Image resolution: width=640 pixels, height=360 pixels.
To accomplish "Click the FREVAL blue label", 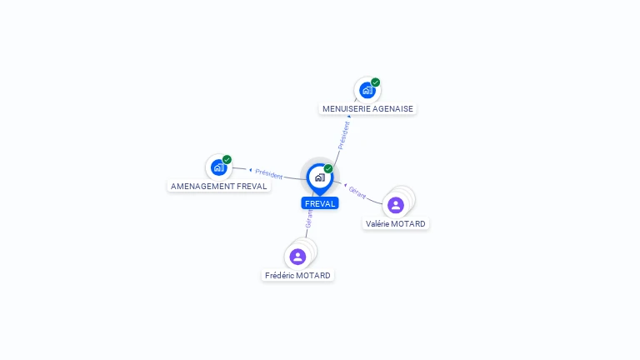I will (x=320, y=203).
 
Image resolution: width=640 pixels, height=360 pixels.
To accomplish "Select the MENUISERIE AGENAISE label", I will (x=367, y=108).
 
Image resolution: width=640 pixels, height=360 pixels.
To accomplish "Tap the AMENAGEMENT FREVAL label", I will (x=218, y=186).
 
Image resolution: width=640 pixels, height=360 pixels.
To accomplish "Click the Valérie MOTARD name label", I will (x=396, y=223).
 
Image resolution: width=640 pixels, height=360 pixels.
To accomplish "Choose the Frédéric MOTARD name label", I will (x=297, y=275).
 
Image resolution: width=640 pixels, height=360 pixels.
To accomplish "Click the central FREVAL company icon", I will (x=319, y=177).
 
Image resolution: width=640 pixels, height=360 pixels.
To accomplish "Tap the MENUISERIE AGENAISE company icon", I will (x=367, y=90).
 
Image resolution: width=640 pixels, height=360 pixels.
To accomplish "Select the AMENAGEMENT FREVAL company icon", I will (x=218, y=167).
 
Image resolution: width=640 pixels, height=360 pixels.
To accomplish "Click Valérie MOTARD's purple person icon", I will (x=396, y=205).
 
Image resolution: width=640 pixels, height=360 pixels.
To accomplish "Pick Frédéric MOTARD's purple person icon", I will (x=297, y=257).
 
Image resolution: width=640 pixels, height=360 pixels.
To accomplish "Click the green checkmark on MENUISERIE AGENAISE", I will (x=376, y=82).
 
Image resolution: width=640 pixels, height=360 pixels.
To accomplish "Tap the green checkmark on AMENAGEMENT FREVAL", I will (x=227, y=159).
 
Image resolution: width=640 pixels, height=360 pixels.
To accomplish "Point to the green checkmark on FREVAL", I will (x=328, y=168).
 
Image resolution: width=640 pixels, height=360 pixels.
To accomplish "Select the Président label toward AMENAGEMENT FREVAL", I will (x=269, y=173).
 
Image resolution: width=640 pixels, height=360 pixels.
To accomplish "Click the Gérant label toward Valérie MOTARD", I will (x=357, y=192).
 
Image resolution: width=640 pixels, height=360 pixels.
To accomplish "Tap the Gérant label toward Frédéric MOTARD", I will (x=309, y=218).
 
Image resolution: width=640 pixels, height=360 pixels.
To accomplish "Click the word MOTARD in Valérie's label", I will (x=409, y=223).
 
